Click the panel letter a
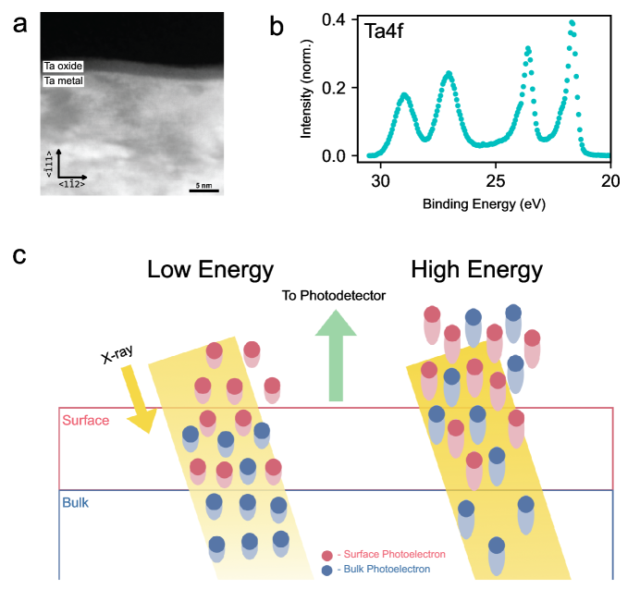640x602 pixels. click(x=19, y=25)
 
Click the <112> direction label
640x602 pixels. click(x=72, y=183)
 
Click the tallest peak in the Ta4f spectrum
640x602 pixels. click(x=572, y=23)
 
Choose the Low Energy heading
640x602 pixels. click(x=210, y=270)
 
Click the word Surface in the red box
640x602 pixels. click(x=85, y=420)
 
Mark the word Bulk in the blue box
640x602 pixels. click(x=76, y=503)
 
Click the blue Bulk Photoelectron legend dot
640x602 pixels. click(x=327, y=571)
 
